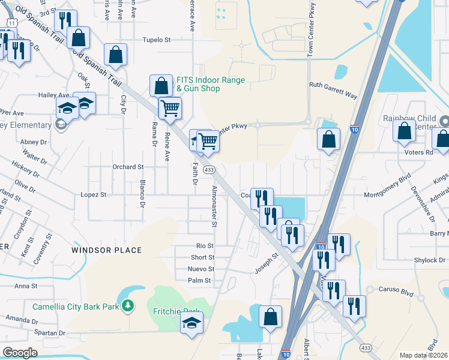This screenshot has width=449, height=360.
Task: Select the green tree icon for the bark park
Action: coord(127,307)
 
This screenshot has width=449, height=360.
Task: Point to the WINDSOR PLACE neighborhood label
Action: coord(106,250)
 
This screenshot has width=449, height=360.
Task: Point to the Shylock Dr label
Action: coord(429,260)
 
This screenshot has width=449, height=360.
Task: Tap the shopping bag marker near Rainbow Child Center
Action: coord(405,130)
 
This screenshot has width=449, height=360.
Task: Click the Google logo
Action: coord(20,353)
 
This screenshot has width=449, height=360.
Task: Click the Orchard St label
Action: coord(128,167)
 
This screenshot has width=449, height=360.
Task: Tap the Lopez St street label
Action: coord(93,195)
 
